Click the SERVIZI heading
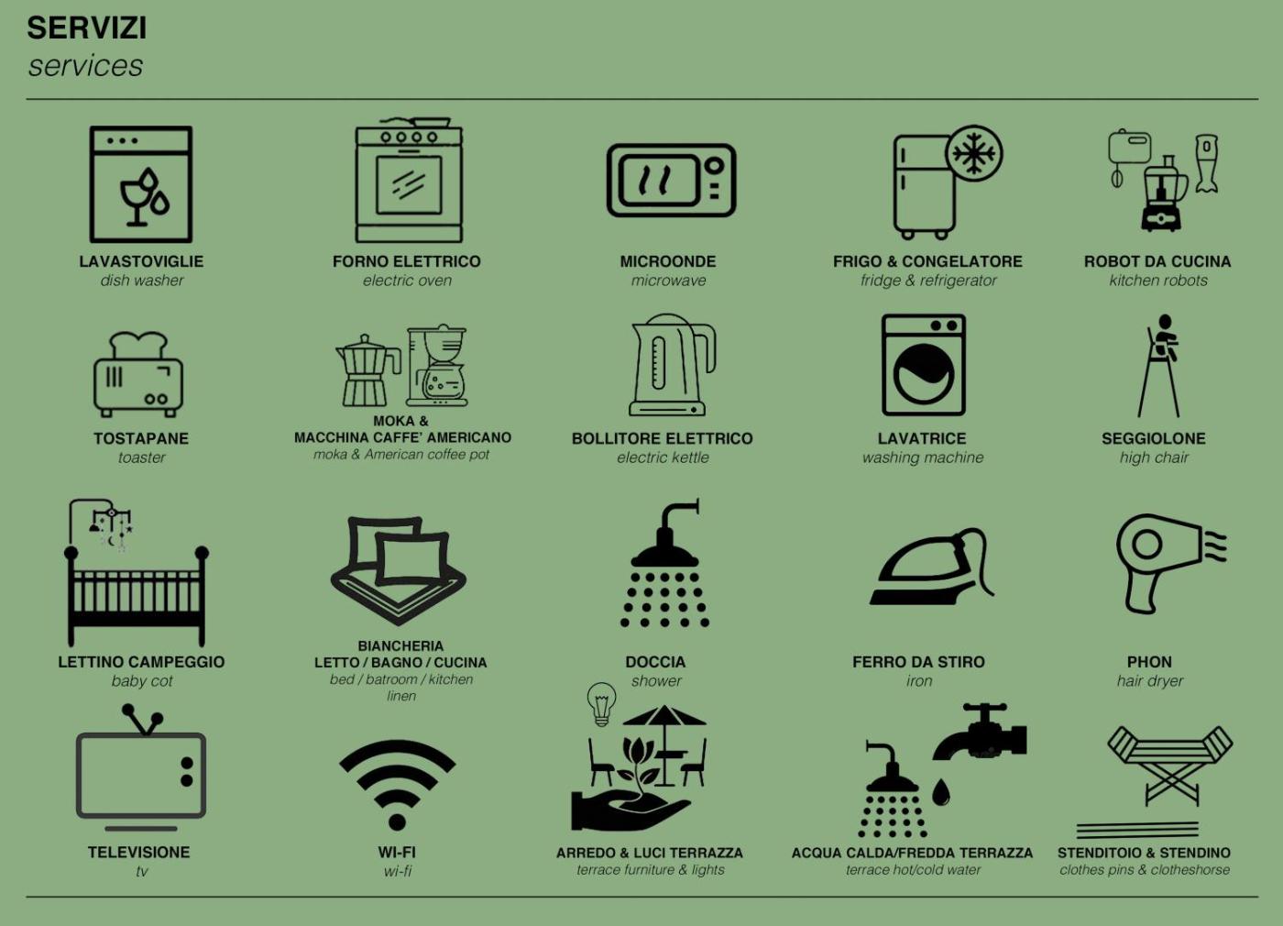[x=86, y=28]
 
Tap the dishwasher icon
[x=141, y=184]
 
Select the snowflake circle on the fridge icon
[x=973, y=154]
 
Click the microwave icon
[x=671, y=180]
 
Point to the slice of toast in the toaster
[x=138, y=345]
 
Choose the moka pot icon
[x=367, y=370]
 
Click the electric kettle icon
[x=672, y=365]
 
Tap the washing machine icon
[x=924, y=365]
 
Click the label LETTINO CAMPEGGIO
[x=141, y=662]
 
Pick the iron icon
[x=932, y=567]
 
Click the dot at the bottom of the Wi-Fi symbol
[x=397, y=822]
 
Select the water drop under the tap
[x=941, y=792]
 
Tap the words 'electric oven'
[x=407, y=281]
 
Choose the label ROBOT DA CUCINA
[x=1157, y=262]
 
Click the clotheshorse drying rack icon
[x=1170, y=766]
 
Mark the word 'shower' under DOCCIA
[x=656, y=680]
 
